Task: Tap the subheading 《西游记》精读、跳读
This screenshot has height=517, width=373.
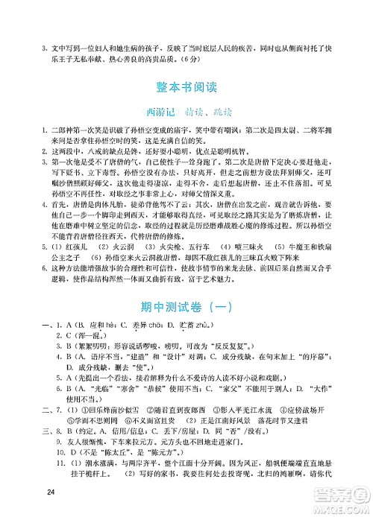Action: coord(186,110)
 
